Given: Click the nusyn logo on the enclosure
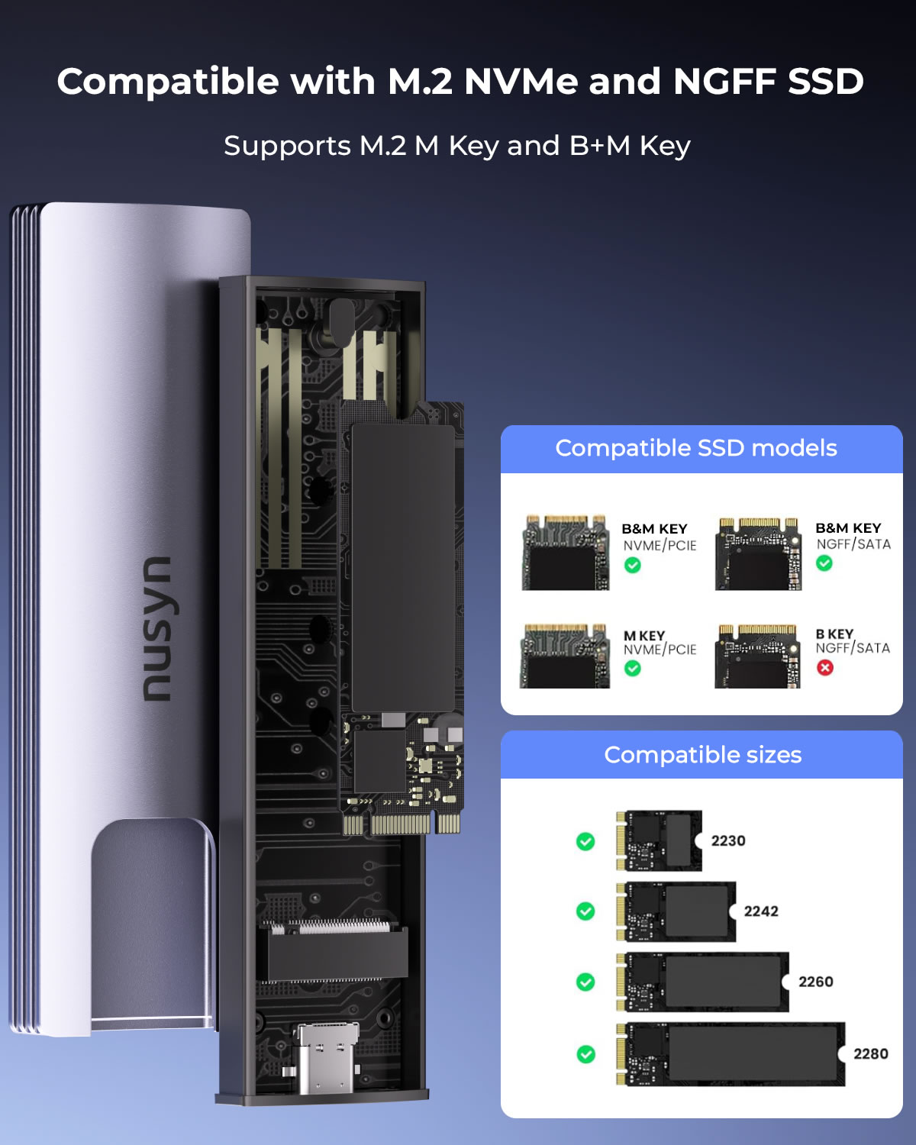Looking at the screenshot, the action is click(x=157, y=628).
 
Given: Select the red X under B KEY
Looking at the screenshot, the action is click(x=825, y=667).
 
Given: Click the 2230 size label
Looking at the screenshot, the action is click(x=728, y=840).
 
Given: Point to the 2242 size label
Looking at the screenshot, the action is click(x=761, y=911).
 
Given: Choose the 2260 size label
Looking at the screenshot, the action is click(x=816, y=982).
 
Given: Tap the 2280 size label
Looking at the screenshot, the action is click(x=871, y=1054).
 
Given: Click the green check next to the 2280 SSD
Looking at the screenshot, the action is click(x=586, y=1054).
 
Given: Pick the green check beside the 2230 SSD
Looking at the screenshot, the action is click(x=585, y=841).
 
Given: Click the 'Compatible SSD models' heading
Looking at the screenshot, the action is click(x=696, y=448).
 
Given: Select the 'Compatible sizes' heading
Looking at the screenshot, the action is click(x=702, y=755).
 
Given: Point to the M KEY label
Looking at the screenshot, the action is click(x=644, y=636).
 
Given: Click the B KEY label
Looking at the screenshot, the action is click(x=834, y=634).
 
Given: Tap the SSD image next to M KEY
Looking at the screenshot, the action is click(x=565, y=656).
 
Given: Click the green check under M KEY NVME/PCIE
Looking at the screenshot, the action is click(x=632, y=668).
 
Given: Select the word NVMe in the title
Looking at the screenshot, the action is click(x=521, y=82).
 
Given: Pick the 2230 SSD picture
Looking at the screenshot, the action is click(x=659, y=840).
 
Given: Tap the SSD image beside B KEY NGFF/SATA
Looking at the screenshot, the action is click(x=758, y=656).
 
